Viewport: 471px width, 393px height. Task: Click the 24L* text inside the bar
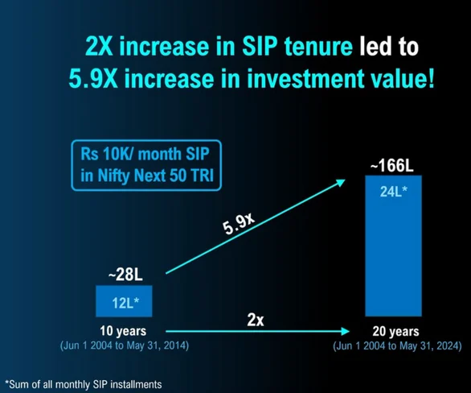[x=392, y=192]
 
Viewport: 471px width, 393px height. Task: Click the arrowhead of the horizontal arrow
[x=348, y=331]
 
